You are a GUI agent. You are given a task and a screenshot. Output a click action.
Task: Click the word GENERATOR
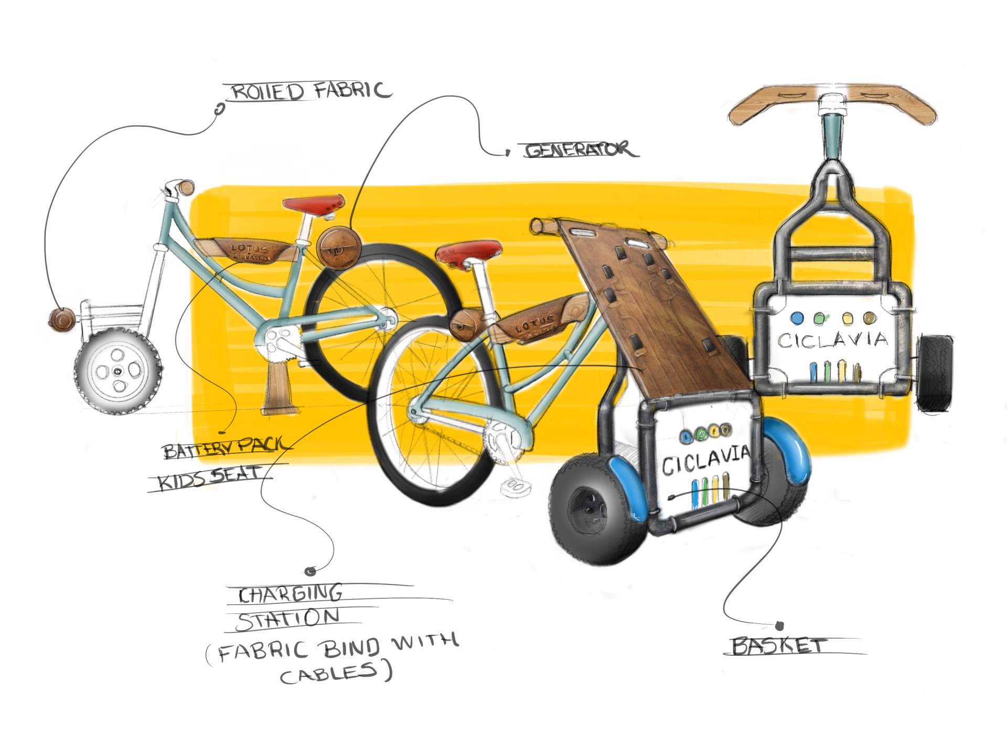pyautogui.click(x=580, y=150)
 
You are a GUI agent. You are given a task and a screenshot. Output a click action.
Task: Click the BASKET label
pyautogui.click(x=779, y=645)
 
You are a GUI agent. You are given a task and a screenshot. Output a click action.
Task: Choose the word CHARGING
pyautogui.click(x=291, y=594)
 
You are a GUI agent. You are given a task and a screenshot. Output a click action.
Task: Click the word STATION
pyautogui.click(x=288, y=620)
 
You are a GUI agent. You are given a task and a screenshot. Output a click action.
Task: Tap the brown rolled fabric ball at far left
pyautogui.click(x=62, y=319)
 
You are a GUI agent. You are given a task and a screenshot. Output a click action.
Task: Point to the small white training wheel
pyautogui.click(x=117, y=370)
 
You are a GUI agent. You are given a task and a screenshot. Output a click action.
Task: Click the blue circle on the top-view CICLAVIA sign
pyautogui.click(x=797, y=318)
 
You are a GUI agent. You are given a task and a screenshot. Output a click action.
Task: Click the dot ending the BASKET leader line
pyautogui.click(x=779, y=626)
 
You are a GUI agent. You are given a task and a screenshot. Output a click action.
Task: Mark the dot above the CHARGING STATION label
pyautogui.click(x=310, y=571)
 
